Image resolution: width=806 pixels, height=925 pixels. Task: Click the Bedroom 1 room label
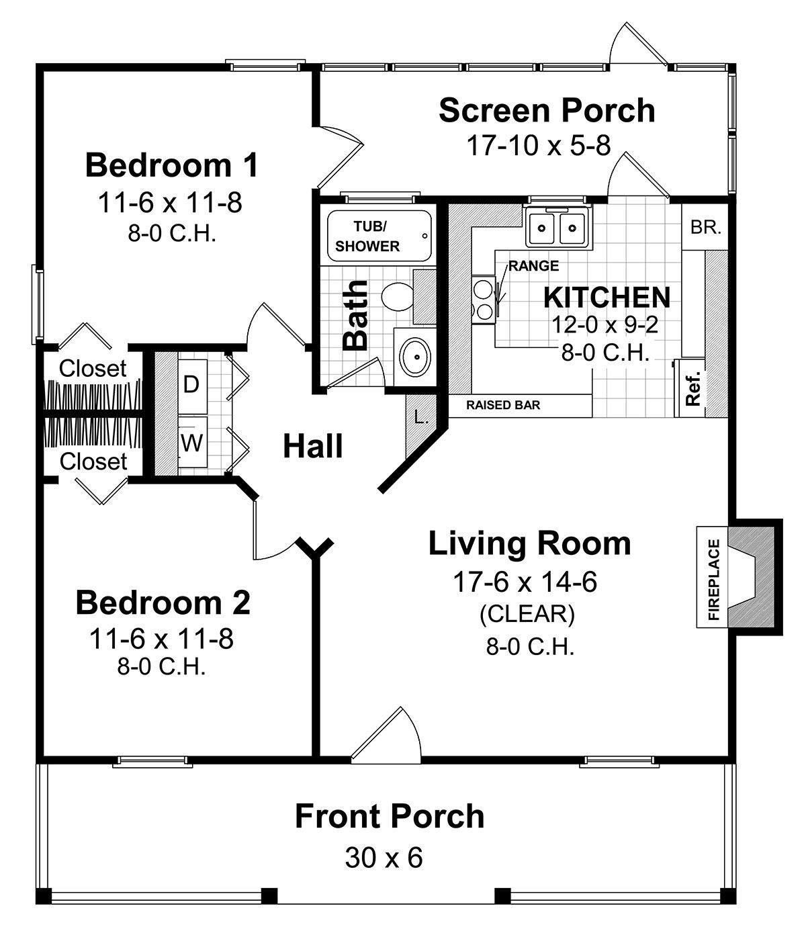pos(171,165)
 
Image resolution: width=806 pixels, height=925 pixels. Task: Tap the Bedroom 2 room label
pos(163,602)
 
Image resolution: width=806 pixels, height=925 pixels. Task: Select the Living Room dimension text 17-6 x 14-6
pos(525,582)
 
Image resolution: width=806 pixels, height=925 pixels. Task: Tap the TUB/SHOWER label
pos(367,236)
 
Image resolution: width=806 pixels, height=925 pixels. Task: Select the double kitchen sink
pos(557,227)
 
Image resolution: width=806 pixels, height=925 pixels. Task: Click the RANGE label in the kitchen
pos(533,266)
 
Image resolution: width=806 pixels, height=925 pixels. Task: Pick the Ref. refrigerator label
pos(693,389)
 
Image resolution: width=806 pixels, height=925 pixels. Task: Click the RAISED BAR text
pos(503,406)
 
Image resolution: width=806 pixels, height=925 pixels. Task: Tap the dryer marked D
pos(191,385)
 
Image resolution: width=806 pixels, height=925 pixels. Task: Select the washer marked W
pos(191,443)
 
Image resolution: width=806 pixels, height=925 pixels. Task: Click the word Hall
pos(313,446)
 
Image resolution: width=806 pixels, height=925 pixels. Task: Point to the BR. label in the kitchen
pos(705,227)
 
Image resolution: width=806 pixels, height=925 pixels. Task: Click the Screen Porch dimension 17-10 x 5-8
pos(539,144)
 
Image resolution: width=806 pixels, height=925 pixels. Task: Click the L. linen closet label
pos(421,417)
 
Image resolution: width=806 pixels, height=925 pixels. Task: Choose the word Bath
pos(356,314)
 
